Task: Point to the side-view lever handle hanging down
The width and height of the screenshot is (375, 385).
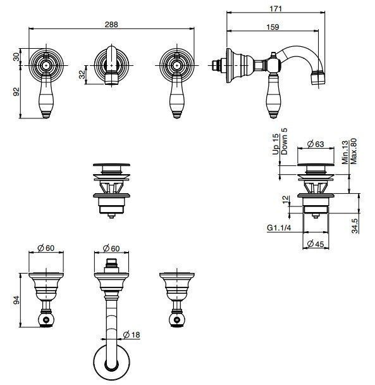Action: [272, 95]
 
